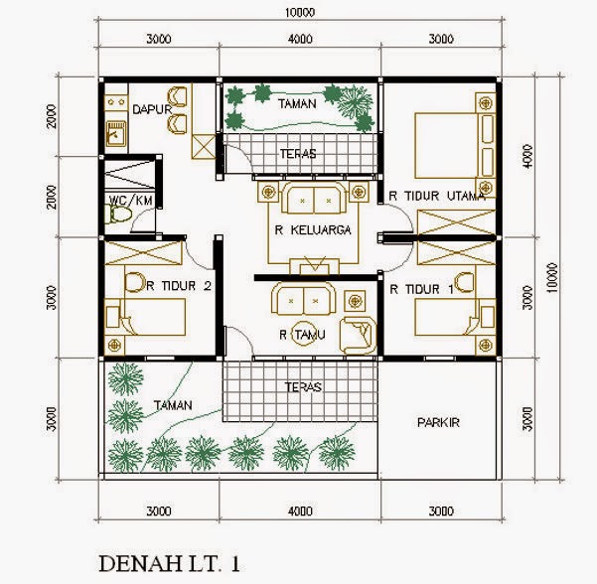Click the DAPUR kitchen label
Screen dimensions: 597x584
click(x=152, y=109)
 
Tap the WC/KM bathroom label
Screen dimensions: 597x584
click(x=131, y=201)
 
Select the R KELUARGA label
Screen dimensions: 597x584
click(x=313, y=230)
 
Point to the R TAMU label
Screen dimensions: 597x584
click(x=302, y=335)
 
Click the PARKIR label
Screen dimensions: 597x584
click(x=438, y=422)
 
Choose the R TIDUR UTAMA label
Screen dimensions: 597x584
click(x=437, y=196)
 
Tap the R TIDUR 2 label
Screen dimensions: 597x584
click(x=179, y=285)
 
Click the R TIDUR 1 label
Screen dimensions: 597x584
click(x=421, y=289)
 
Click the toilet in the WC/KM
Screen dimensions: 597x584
click(x=119, y=215)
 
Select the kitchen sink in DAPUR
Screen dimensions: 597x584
click(x=116, y=134)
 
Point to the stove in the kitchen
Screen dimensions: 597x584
click(x=116, y=102)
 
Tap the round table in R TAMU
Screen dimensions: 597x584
click(x=303, y=334)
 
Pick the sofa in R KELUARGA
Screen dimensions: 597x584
click(x=314, y=198)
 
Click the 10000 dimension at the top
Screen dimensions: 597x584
click(x=300, y=13)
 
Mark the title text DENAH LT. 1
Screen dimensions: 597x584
click(x=170, y=564)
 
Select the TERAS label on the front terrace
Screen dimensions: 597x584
click(x=303, y=387)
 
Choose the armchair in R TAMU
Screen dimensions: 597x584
click(x=358, y=335)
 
